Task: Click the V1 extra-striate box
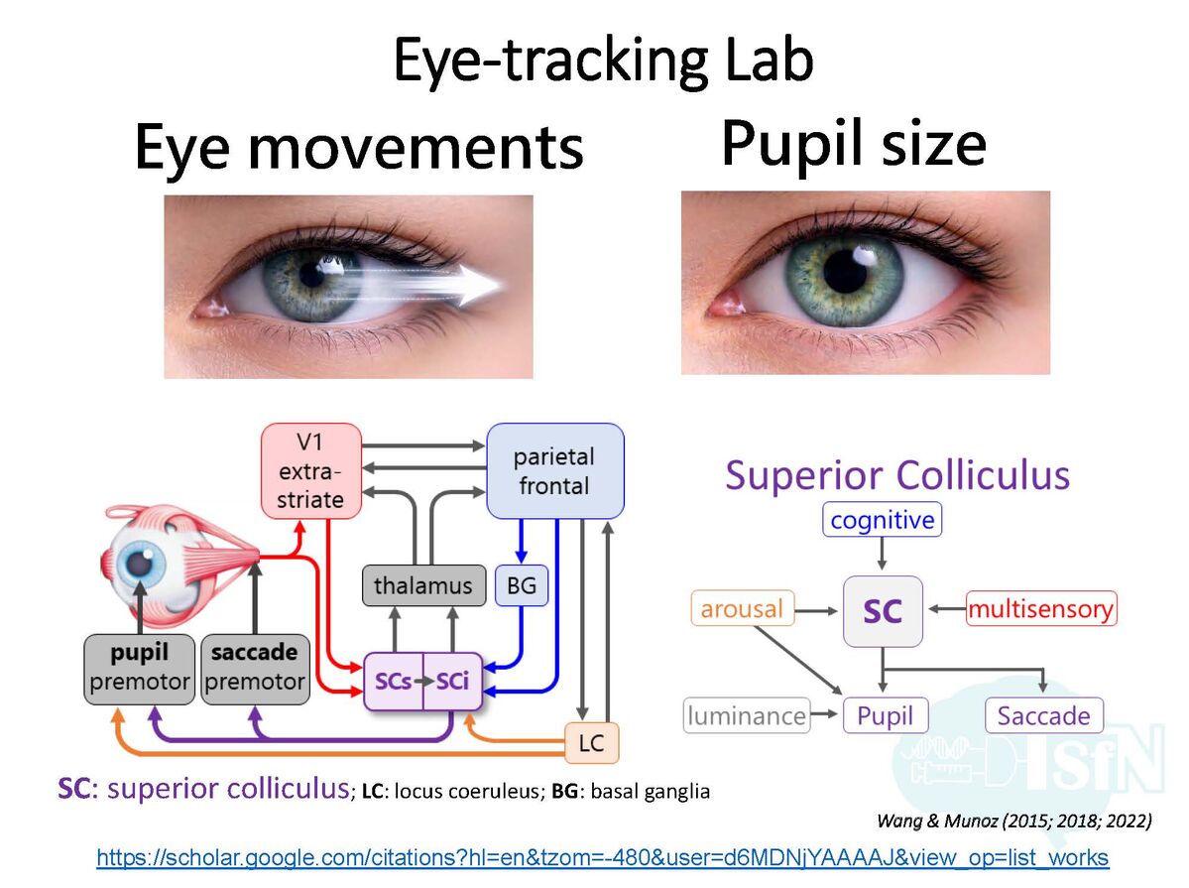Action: pyautogui.click(x=310, y=470)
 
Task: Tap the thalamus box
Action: pyautogui.click(x=423, y=585)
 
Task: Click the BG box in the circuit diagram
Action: pyautogui.click(x=521, y=585)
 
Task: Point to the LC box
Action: pyautogui.click(x=591, y=742)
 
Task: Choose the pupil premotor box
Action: pyautogui.click(x=139, y=668)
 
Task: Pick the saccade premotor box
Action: pyautogui.click(x=255, y=668)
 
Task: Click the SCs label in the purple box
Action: pyautogui.click(x=393, y=682)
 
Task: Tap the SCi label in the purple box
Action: pyautogui.click(x=451, y=682)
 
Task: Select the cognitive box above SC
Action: pyautogui.click(x=882, y=520)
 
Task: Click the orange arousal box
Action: pyautogui.click(x=742, y=608)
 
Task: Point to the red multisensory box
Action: pyautogui.click(x=1040, y=608)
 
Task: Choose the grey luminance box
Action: pyautogui.click(x=747, y=715)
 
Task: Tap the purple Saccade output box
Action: pyautogui.click(x=1043, y=715)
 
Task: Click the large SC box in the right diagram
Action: pyautogui.click(x=883, y=610)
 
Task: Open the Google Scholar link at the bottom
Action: pyautogui.click(x=602, y=858)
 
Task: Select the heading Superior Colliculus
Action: pyautogui.click(x=897, y=475)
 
